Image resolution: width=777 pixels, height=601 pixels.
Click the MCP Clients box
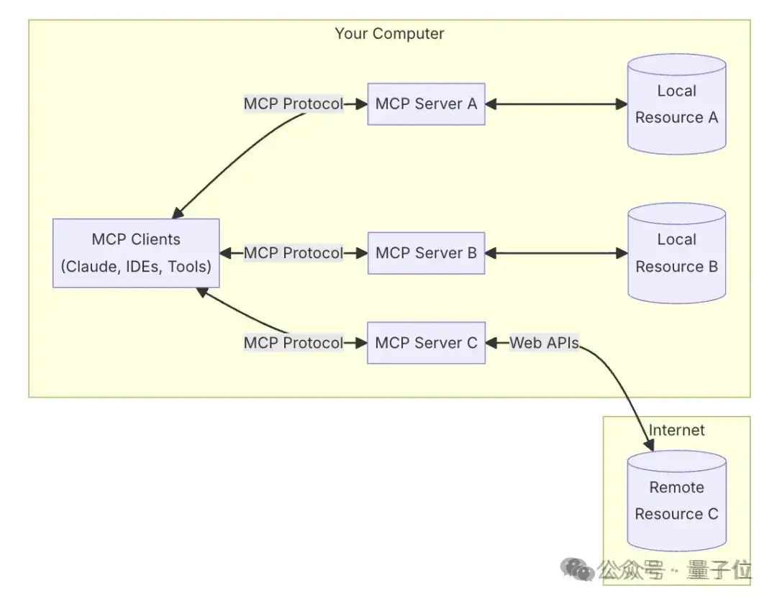pyautogui.click(x=136, y=253)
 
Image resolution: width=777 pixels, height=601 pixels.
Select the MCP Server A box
pyautogui.click(x=426, y=104)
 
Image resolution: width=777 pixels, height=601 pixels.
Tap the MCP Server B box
pyautogui.click(x=426, y=253)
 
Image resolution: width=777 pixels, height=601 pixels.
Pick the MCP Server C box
pyautogui.click(x=426, y=343)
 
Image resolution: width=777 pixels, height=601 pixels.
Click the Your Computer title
pyautogui.click(x=389, y=34)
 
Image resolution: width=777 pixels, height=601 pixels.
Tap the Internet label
pyautogui.click(x=676, y=430)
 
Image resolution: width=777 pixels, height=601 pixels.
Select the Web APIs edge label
pyautogui.click(x=544, y=343)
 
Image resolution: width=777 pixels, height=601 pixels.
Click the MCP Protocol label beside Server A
pyautogui.click(x=294, y=104)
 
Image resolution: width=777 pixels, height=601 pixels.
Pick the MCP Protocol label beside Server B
pyautogui.click(x=294, y=253)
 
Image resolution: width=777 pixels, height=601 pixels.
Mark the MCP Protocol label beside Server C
pyautogui.click(x=294, y=343)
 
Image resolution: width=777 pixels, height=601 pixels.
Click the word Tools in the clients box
pyautogui.click(x=188, y=267)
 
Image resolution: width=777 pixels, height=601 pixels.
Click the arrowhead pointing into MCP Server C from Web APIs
pyautogui.click(x=493, y=343)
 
